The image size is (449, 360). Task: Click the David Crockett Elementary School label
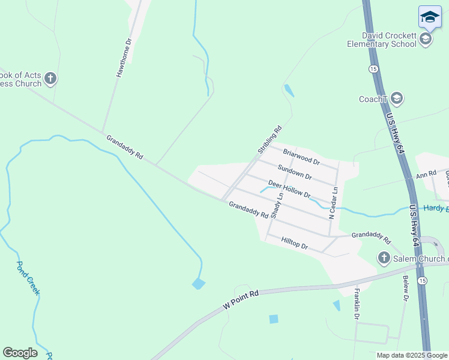(381, 40)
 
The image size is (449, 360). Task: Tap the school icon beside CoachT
(396, 98)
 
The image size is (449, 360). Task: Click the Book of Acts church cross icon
(51, 78)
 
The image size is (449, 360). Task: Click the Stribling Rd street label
(270, 139)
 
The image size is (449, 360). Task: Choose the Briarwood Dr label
(301, 158)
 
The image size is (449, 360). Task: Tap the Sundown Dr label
(294, 173)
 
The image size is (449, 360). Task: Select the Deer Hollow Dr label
(289, 189)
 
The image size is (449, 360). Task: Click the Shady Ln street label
(277, 205)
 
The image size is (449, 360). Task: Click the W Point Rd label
(240, 299)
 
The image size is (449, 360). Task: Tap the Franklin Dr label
(357, 303)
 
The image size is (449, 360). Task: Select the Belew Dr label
(405, 288)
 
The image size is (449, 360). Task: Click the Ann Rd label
(426, 175)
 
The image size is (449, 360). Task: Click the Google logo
(20, 352)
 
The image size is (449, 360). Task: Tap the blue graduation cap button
(430, 17)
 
